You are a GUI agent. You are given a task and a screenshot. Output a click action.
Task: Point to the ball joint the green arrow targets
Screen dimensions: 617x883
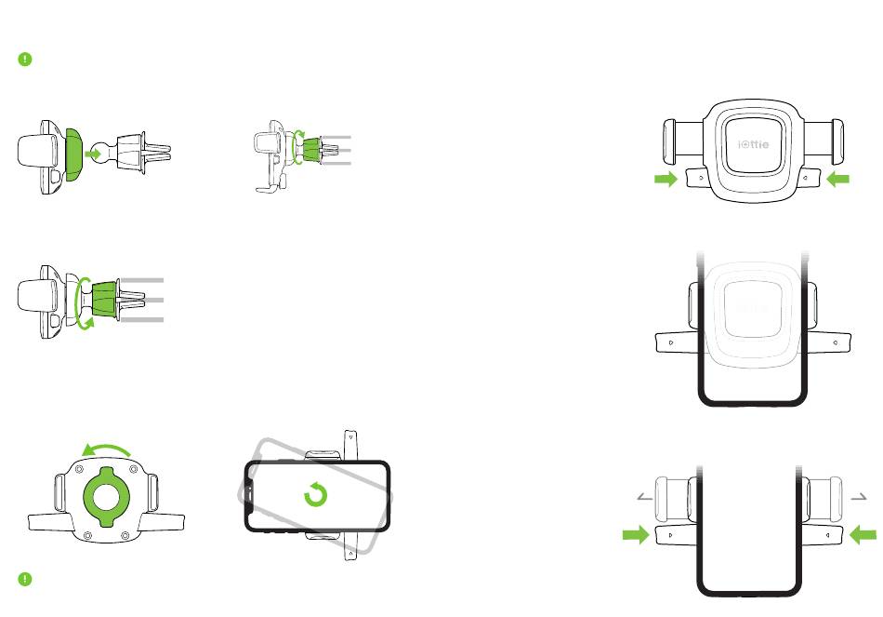point(115,149)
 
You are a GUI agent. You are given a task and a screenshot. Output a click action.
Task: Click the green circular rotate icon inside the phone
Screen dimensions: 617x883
point(316,496)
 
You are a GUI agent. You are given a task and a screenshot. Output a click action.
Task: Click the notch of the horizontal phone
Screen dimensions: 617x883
point(250,497)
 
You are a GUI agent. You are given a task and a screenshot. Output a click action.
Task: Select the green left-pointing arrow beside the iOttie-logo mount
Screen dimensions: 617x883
point(837,180)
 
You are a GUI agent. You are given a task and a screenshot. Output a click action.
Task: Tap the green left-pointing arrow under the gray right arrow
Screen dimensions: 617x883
point(863,534)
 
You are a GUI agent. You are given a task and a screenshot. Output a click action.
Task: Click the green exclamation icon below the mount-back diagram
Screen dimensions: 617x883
point(25,579)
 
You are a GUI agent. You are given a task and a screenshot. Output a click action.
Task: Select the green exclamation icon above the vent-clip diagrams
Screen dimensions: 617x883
point(25,59)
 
